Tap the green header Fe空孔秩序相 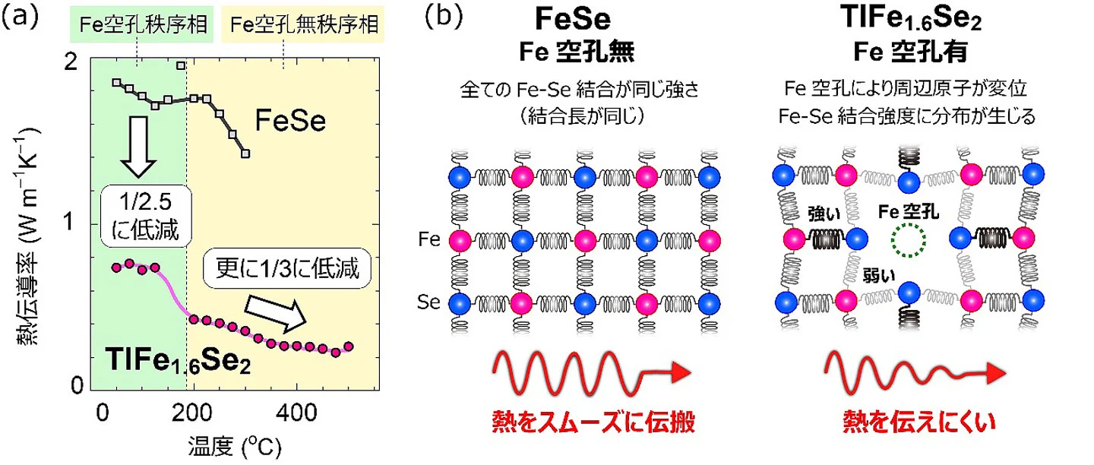click(141, 24)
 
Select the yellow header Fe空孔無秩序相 click(302, 24)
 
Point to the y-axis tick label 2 click(71, 62)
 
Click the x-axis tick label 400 click(296, 413)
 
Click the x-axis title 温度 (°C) click(235, 447)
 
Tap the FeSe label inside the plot click(290, 121)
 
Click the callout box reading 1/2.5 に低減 click(146, 216)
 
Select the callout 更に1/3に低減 click(287, 269)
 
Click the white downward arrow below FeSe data click(139, 147)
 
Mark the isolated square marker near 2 click(181, 65)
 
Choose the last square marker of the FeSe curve click(245, 153)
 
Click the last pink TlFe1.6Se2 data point click(348, 346)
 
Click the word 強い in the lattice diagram click(824, 214)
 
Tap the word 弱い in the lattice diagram click(878, 276)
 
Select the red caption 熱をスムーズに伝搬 click(593, 422)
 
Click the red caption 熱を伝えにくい click(919, 422)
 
